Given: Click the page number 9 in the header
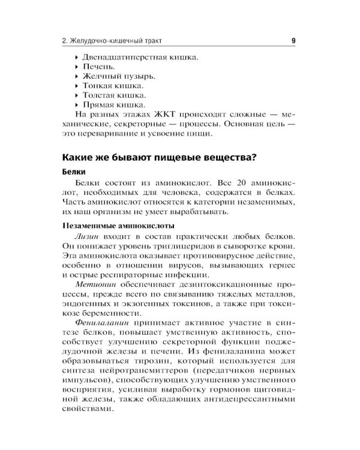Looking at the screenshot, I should pos(293,41).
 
